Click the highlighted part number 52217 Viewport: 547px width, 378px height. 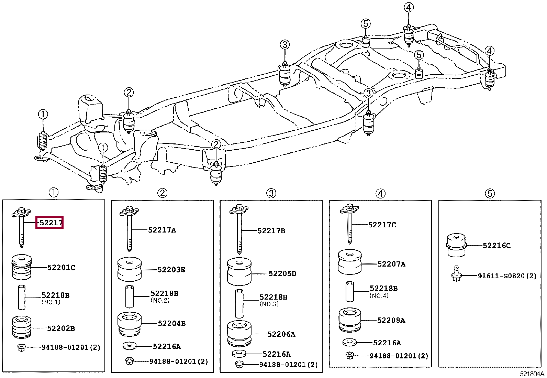pyautogui.click(x=51, y=223)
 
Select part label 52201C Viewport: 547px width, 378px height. pyautogui.click(x=61, y=268)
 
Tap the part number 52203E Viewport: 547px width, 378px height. pyautogui.click(x=171, y=270)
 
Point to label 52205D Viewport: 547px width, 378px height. pyautogui.click(x=282, y=273)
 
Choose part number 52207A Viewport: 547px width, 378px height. pyautogui.click(x=391, y=264)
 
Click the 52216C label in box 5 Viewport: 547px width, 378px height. pyautogui.click(x=497, y=246)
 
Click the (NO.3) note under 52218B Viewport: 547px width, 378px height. pyautogui.click(x=269, y=304)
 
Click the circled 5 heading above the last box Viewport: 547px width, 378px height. pyautogui.click(x=490, y=194)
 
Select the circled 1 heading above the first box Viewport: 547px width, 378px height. pyautogui.click(x=54, y=192)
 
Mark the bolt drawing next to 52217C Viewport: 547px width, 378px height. pyautogui.click(x=349, y=224)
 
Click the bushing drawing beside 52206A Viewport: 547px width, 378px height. pyautogui.click(x=239, y=334)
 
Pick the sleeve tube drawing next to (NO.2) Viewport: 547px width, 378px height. pyautogui.click(x=130, y=296)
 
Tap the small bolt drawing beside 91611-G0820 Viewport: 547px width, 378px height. pyautogui.click(x=456, y=273)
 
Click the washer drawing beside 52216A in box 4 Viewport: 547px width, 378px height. pyautogui.click(x=350, y=342)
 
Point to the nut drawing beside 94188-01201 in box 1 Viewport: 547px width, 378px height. pyautogui.click(x=22, y=347)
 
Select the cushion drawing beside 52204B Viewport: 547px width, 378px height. pyautogui.click(x=130, y=324)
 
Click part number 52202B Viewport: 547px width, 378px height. pyautogui.click(x=61, y=328)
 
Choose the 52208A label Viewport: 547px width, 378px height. pyautogui.click(x=391, y=320)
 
